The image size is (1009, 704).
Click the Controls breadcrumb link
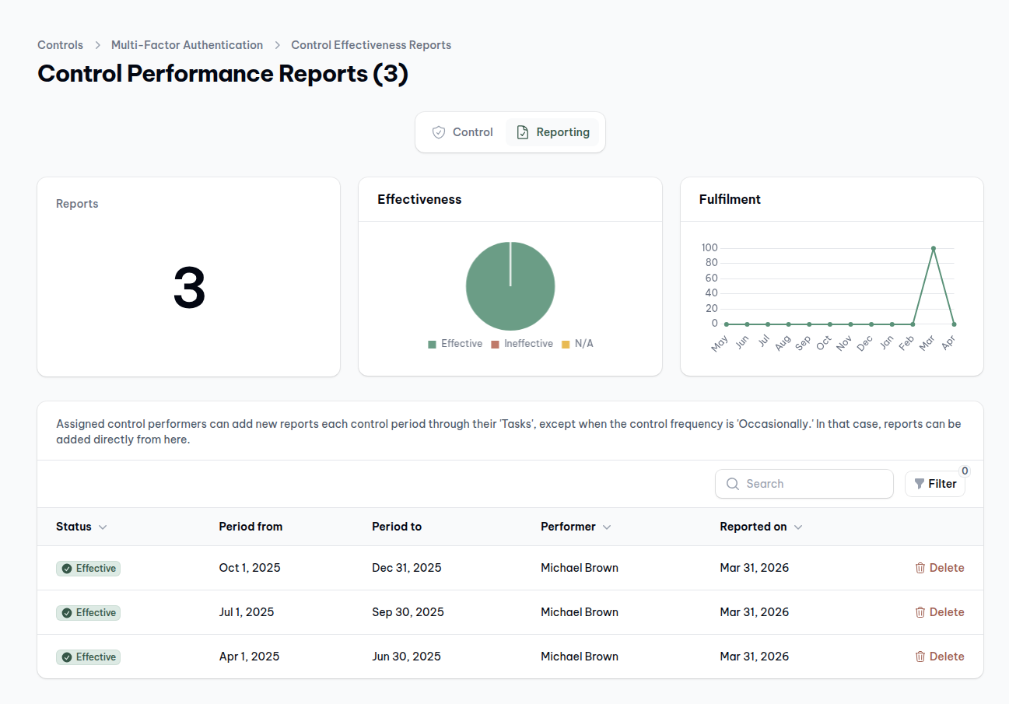coord(60,45)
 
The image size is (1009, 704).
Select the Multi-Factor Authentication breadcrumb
coord(187,45)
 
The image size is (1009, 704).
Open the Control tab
coord(463,132)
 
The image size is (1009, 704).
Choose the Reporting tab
coord(552,132)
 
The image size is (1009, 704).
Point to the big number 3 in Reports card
coord(189,289)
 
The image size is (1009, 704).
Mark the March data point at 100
coord(934,248)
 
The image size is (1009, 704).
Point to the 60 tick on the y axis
coord(711,278)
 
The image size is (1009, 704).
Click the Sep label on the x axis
coord(804,343)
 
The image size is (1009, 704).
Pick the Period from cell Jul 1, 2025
coord(247,612)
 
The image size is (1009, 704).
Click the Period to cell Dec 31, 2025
coord(406,568)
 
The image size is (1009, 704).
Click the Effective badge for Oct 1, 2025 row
coord(88,569)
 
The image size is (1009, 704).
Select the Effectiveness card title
coord(419,199)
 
